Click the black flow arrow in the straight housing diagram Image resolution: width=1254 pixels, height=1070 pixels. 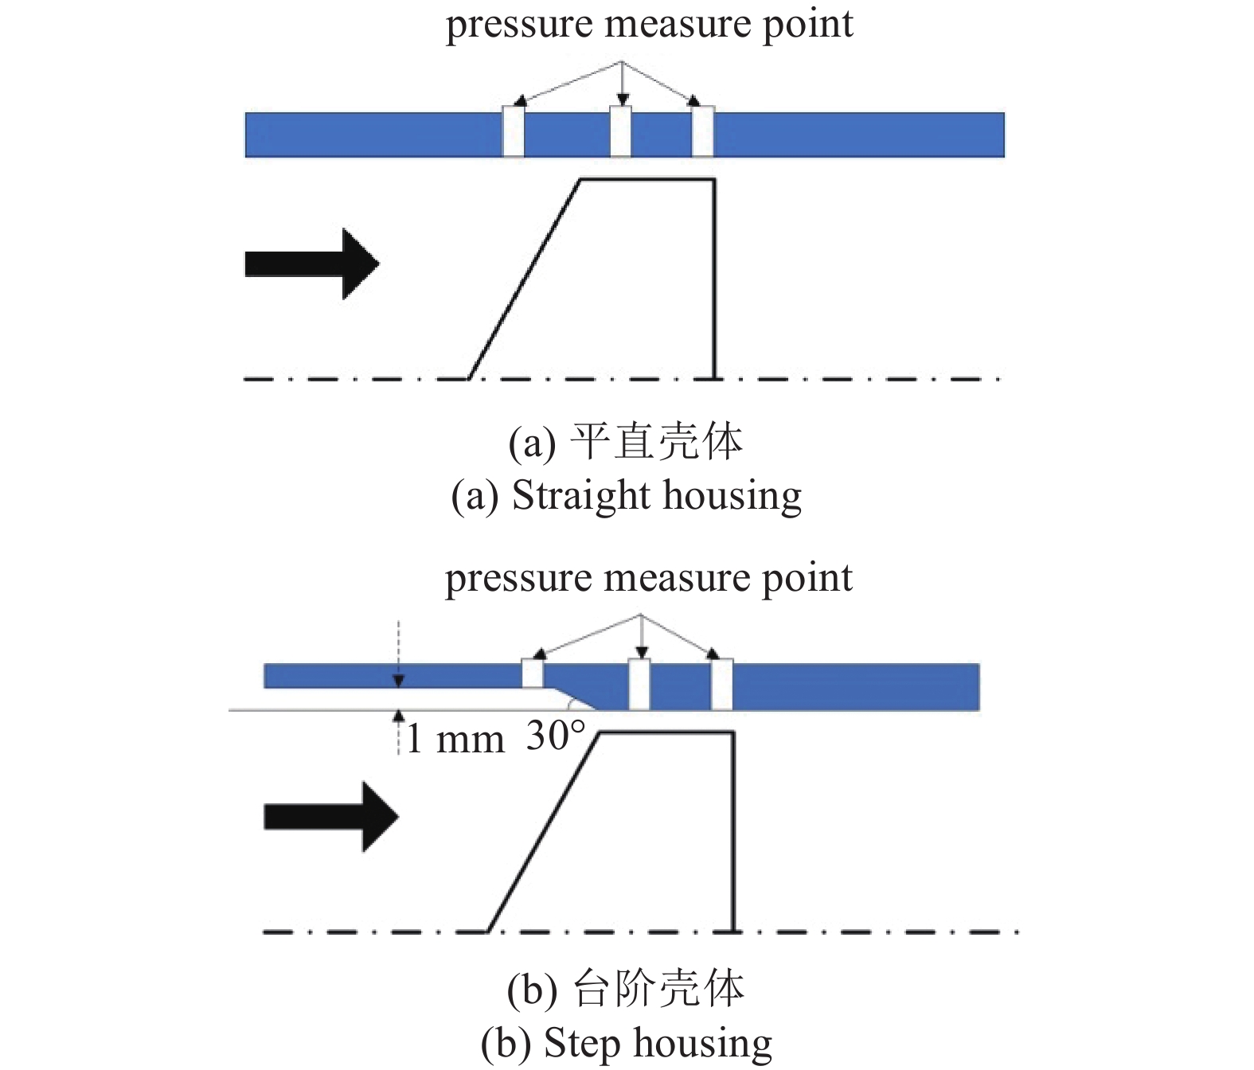(312, 264)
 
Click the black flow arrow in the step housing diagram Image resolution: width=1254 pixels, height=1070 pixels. (331, 817)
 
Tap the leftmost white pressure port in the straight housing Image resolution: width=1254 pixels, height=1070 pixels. (514, 131)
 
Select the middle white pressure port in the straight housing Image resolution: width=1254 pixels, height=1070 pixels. (620, 131)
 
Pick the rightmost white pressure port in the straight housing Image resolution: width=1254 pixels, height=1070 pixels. (703, 131)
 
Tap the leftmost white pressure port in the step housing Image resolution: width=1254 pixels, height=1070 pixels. (533, 674)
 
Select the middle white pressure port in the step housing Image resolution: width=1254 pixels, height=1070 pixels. (639, 685)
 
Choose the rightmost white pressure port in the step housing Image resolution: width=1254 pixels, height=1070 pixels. (722, 685)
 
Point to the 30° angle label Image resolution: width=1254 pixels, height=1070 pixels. (555, 736)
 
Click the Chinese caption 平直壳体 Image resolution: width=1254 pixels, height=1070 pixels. (657, 442)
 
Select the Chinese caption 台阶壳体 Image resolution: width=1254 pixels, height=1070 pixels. (658, 989)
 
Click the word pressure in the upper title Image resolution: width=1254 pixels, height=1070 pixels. (518, 25)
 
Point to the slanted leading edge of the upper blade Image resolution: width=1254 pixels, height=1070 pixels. (525, 279)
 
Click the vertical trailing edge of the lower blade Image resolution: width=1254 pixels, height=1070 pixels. (733, 832)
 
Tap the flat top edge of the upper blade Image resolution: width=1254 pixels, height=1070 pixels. (647, 180)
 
